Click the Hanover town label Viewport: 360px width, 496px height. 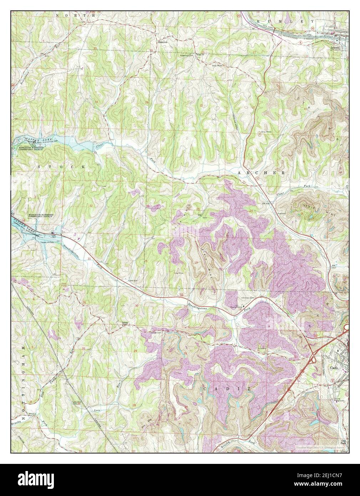coord(163,41)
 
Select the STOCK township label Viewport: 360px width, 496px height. coord(62,167)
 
